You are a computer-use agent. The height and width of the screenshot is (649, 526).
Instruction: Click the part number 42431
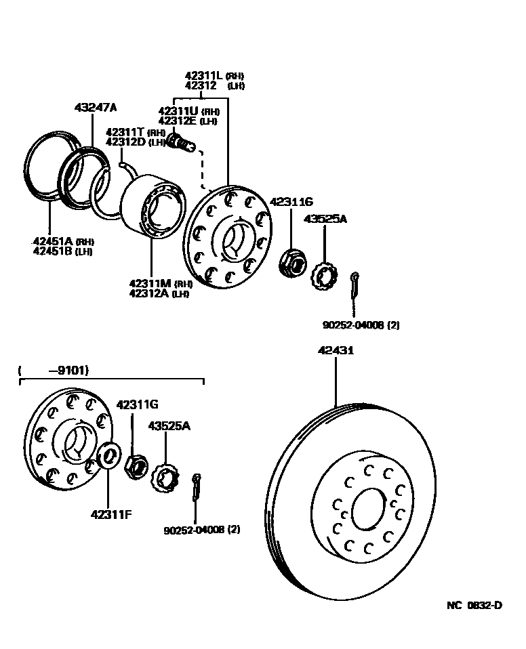tap(336, 351)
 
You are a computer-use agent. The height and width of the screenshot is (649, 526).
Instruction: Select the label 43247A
tap(96, 108)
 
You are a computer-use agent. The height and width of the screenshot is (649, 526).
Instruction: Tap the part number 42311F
tap(110, 514)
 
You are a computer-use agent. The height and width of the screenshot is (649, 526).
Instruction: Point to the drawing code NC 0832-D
tap(474, 605)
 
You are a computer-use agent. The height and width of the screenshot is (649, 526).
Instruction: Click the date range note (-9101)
tap(55, 370)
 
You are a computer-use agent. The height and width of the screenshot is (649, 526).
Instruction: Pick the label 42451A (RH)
tap(62, 241)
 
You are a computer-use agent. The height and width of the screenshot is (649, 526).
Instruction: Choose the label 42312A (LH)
tap(159, 293)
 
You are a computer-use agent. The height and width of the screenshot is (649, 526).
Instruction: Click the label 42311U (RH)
tap(188, 111)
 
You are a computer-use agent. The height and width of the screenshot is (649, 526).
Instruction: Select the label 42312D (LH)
tap(136, 142)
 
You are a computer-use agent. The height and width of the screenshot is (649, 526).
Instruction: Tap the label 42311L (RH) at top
tap(214, 76)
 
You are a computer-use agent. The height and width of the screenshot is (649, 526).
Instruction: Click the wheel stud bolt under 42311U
tap(180, 143)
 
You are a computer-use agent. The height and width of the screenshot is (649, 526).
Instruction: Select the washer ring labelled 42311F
tap(108, 457)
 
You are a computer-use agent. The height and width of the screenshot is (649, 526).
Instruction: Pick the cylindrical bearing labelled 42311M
tap(152, 208)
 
